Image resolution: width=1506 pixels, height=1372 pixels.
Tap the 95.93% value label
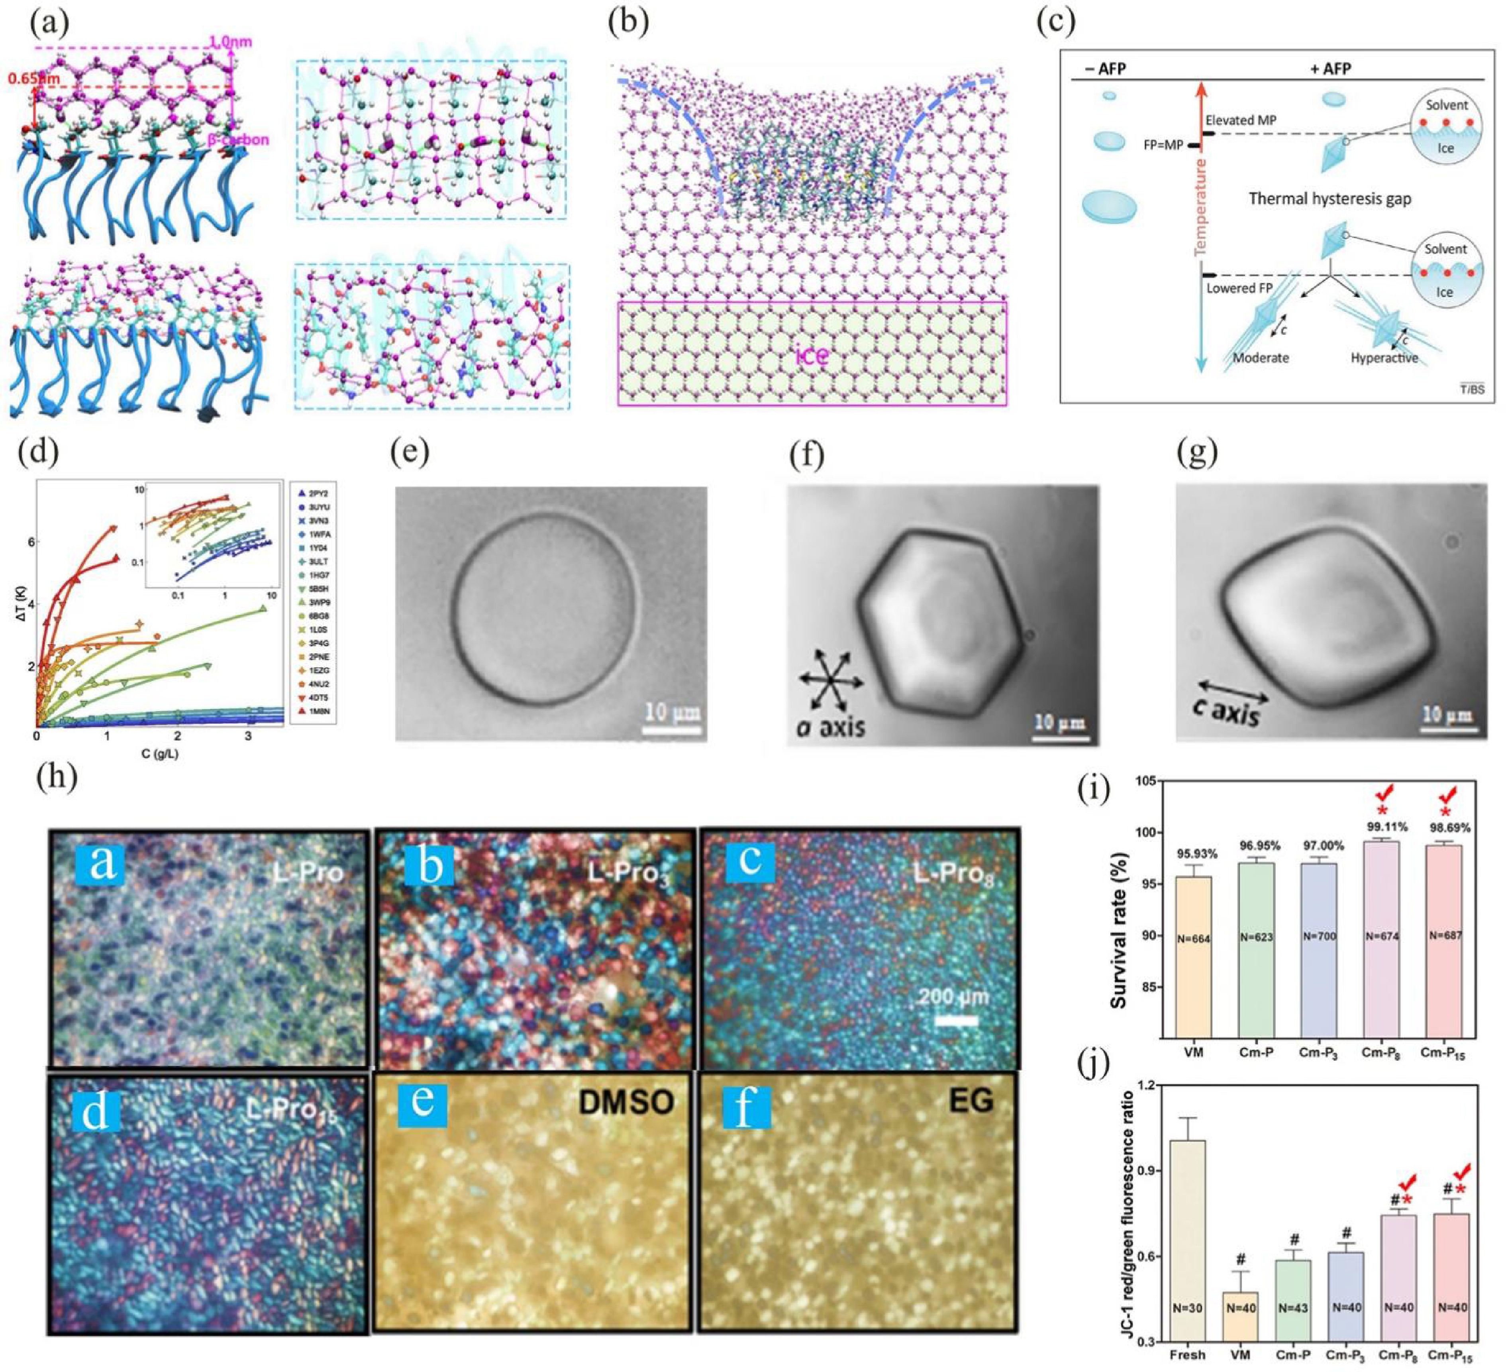click(x=1193, y=853)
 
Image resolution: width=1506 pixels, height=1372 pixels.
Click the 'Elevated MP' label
click(x=1241, y=120)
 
